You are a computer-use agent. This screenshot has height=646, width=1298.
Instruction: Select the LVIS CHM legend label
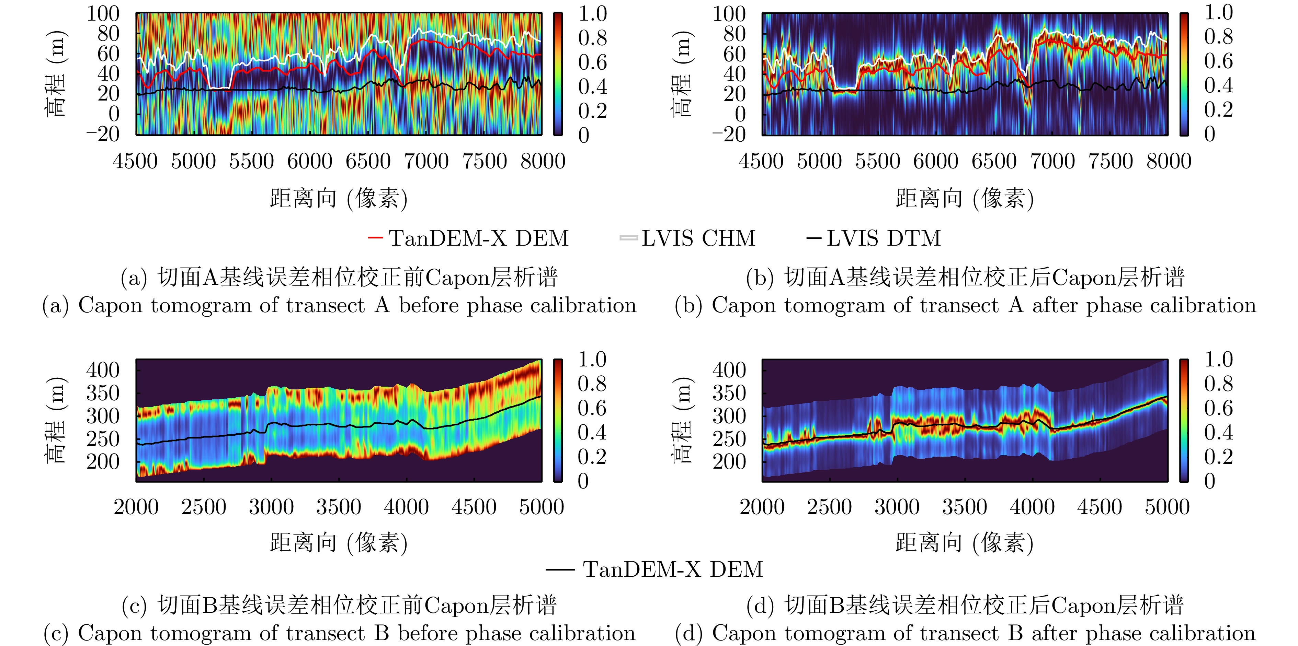(698, 238)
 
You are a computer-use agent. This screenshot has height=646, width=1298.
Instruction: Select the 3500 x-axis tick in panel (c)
(339, 506)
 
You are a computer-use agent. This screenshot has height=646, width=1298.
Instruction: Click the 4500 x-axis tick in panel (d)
(1100, 506)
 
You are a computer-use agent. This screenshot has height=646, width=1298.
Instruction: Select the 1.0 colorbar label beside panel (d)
(1218, 360)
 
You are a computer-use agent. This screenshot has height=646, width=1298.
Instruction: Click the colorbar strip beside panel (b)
(1184, 74)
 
